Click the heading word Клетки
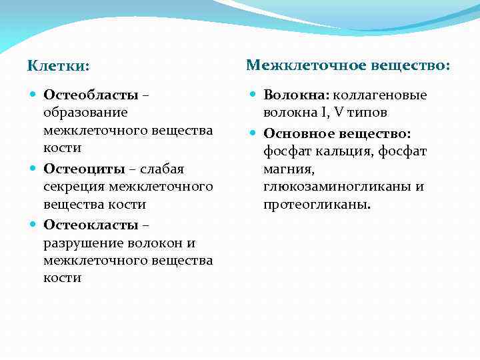tap(57, 67)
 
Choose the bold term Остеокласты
tap(91, 225)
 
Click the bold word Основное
tap(296, 133)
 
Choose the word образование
tap(85, 113)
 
